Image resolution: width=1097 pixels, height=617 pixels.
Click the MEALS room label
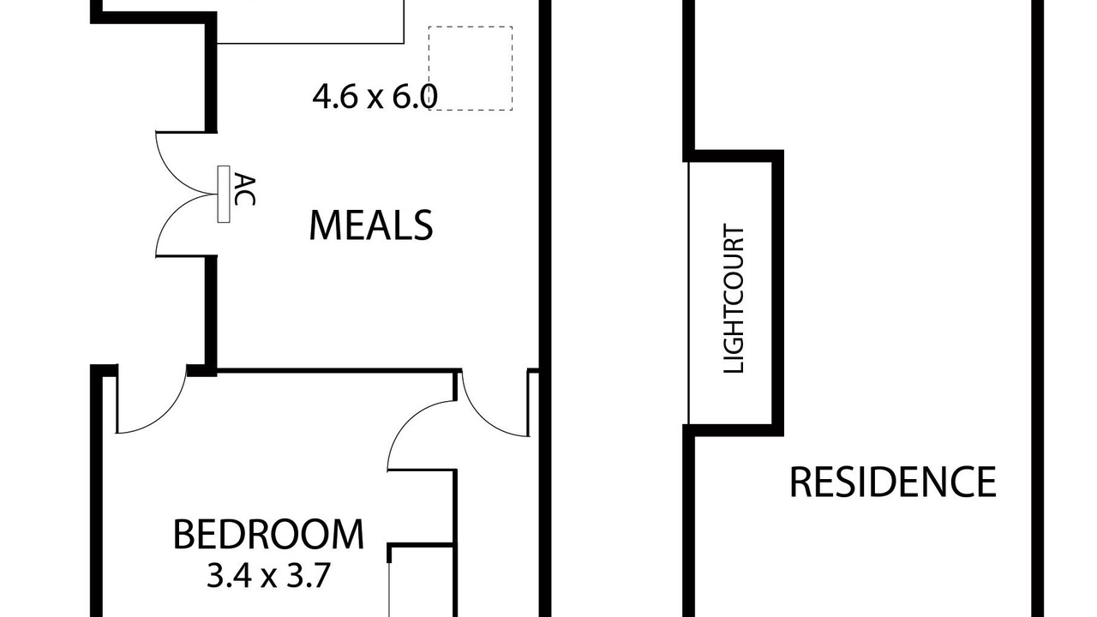click(x=371, y=225)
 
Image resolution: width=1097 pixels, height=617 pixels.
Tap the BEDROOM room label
click(x=268, y=534)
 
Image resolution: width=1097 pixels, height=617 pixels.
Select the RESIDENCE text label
click(x=893, y=482)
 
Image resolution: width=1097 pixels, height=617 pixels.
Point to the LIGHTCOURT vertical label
click(x=734, y=299)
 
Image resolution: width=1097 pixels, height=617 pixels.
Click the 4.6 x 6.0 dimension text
click(x=375, y=97)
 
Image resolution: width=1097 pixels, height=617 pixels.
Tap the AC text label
click(x=244, y=189)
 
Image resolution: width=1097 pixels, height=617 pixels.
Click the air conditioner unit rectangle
click(x=224, y=194)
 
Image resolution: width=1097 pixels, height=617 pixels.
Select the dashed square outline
click(x=471, y=69)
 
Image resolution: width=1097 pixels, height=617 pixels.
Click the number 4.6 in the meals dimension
click(x=333, y=97)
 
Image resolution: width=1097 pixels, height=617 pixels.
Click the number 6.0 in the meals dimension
click(x=414, y=97)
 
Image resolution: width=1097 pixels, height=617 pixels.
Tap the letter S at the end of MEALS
click(x=423, y=225)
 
